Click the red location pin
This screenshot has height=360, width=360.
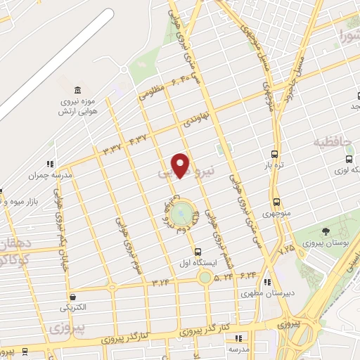click(181, 165)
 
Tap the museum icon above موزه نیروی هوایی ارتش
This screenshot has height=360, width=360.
click(77, 91)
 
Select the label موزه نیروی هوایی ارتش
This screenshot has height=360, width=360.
click(77, 108)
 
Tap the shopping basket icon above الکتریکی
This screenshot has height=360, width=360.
click(73, 297)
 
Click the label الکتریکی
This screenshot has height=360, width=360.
click(73, 308)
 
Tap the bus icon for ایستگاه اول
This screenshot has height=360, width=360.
click(198, 251)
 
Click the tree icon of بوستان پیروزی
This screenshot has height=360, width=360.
click(325, 231)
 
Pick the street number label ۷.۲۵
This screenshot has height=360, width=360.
click(286, 250)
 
